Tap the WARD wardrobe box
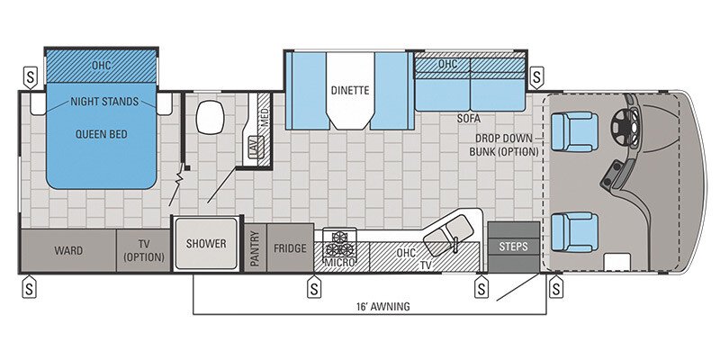[68, 250]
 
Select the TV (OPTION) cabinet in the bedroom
[143, 250]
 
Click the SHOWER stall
[207, 244]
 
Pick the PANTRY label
[255, 248]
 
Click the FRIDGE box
[290, 248]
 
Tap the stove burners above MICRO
[342, 243]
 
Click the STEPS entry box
[513, 246]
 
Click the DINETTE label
[350, 90]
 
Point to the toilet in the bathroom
[211, 116]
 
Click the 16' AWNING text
[382, 306]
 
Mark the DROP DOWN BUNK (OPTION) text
[509, 145]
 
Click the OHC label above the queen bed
[101, 66]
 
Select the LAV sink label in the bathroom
[253, 148]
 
